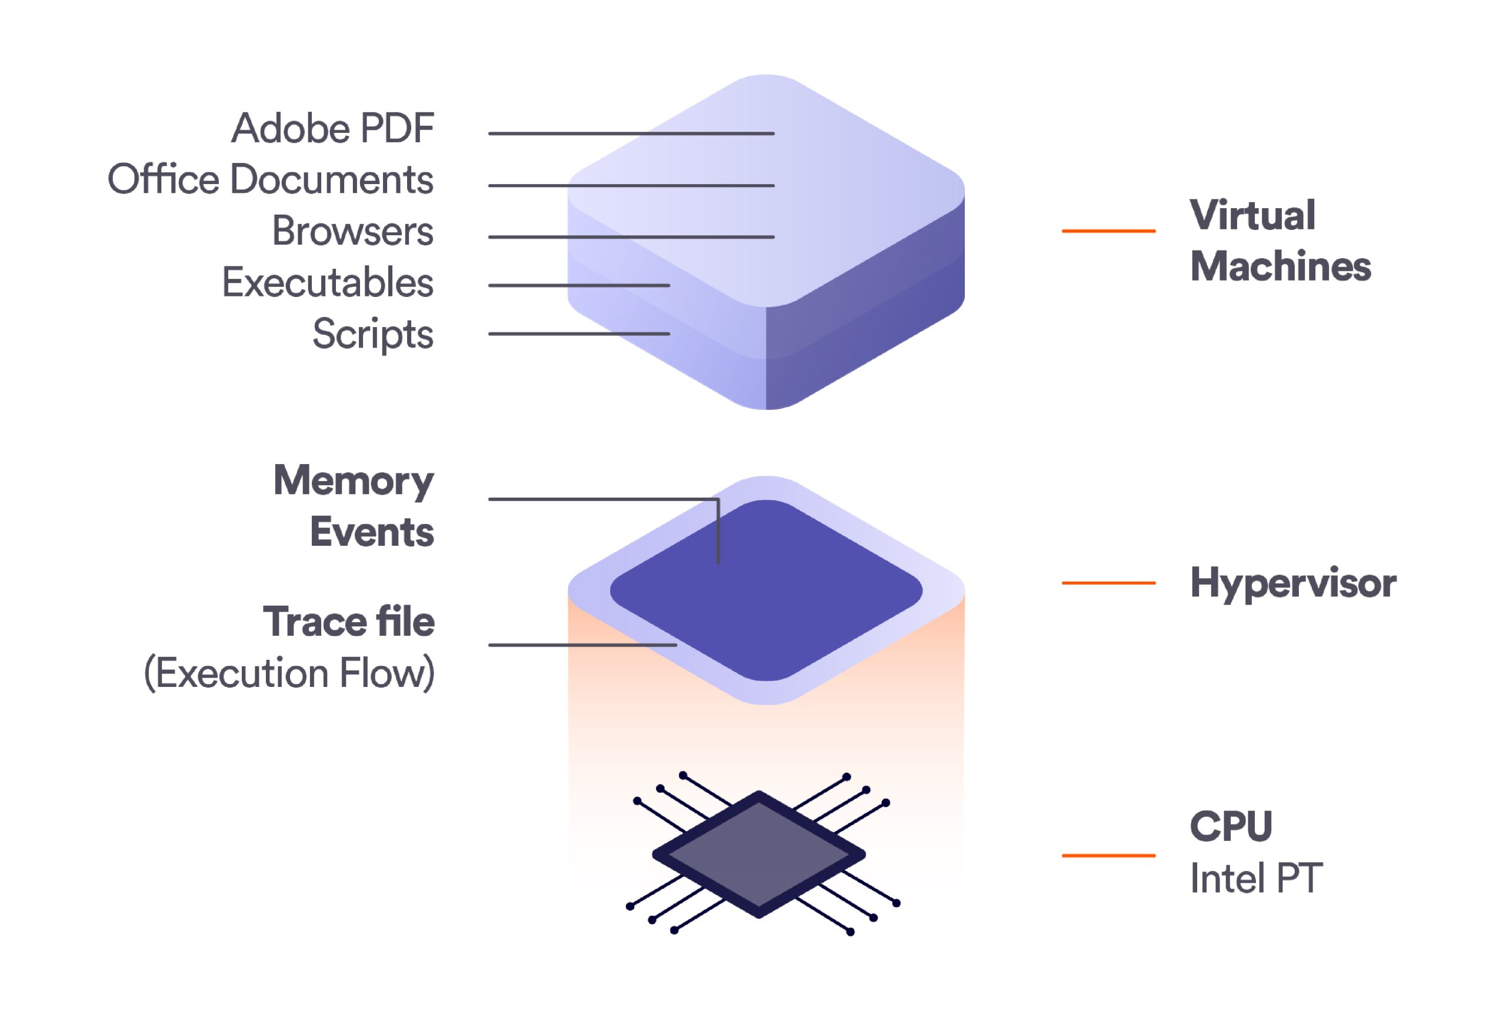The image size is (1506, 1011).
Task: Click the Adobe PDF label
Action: coord(332,128)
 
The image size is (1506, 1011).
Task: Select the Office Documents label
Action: coord(270,179)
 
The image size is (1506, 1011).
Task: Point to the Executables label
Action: coord(328,282)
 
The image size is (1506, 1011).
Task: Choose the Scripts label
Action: coord(373,334)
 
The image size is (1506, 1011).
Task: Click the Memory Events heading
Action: coord(354,506)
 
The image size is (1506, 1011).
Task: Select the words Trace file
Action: coord(348,622)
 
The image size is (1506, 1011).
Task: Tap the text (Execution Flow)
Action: coord(289,674)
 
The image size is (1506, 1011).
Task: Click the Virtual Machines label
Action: coord(1280,241)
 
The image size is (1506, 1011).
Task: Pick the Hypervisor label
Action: coord(1292,583)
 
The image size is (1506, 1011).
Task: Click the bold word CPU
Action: coord(1231,826)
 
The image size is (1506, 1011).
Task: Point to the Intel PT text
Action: coord(1256,878)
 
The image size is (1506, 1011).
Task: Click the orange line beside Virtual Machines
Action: coord(1108,230)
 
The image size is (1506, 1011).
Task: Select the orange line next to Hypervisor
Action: coord(1108,583)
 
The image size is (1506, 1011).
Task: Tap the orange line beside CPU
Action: coord(1108,856)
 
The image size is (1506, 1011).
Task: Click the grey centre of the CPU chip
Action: coord(759,855)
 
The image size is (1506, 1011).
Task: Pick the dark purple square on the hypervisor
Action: coord(765,590)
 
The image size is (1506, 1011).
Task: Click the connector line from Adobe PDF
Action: coord(631,134)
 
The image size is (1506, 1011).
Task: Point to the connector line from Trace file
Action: coord(582,645)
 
